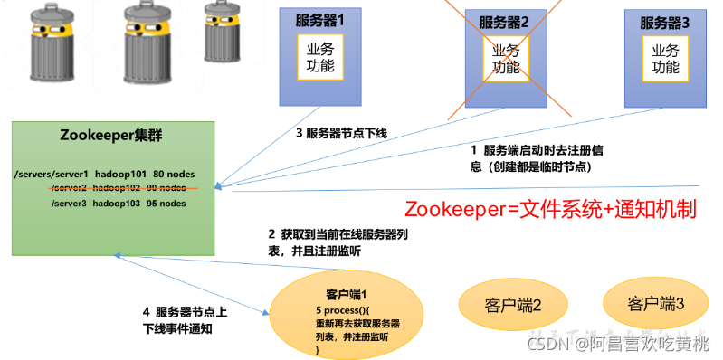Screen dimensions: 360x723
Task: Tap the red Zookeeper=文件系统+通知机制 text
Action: coord(550,209)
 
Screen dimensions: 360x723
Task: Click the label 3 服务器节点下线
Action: coord(341,134)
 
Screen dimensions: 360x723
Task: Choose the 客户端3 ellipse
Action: coord(655,304)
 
